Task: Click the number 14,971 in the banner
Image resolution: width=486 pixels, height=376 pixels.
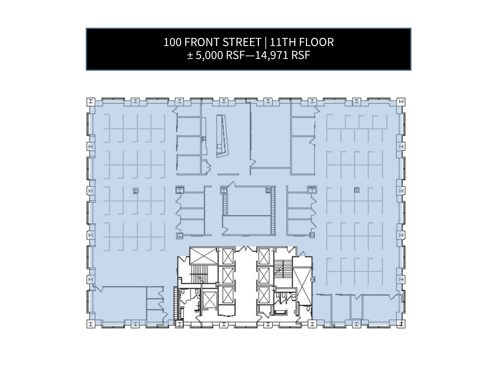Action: coord(271,55)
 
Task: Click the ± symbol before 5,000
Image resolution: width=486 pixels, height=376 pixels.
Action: coord(190,55)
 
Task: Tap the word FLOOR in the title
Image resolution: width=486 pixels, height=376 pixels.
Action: coord(316,42)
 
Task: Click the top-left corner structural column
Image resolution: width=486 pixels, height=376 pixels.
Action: coord(90,101)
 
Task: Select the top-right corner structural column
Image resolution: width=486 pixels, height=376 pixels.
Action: coord(401,101)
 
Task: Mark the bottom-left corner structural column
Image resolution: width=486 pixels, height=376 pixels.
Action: coord(90,324)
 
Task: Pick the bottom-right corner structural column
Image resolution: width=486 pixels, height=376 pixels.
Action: coord(401,324)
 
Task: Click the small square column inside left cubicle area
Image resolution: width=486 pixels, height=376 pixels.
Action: coord(135,191)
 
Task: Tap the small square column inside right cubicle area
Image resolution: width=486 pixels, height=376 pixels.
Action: coord(356,190)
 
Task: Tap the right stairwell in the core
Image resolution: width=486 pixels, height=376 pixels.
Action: coord(283,270)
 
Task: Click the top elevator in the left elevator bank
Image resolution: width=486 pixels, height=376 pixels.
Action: coord(227,256)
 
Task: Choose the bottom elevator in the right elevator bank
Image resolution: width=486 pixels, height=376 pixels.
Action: coord(264,295)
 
